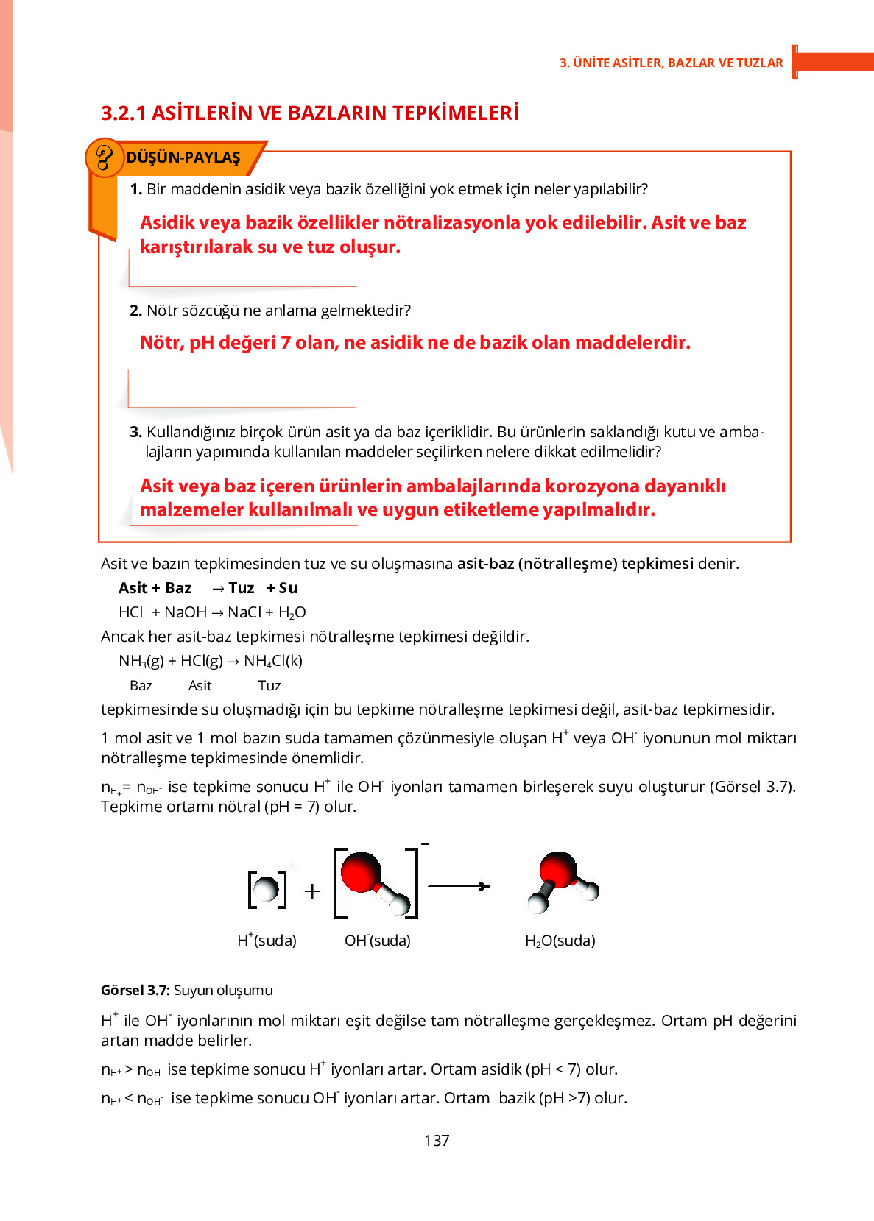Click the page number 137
click(437, 1140)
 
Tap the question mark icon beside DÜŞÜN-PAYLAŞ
click(105, 158)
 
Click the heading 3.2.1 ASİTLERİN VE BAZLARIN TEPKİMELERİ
click(310, 113)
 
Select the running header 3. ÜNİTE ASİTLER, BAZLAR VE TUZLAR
click(671, 63)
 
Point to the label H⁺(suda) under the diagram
click(267, 940)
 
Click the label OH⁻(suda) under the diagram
click(378, 940)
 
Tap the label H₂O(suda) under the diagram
click(560, 940)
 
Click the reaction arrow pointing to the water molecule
click(459, 886)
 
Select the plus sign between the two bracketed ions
click(312, 891)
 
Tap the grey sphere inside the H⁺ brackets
click(266, 888)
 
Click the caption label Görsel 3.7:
click(135, 990)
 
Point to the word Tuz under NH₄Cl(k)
click(269, 685)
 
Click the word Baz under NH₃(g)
click(141, 685)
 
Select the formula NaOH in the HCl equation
click(186, 612)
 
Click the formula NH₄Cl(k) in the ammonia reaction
click(273, 661)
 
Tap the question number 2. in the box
click(135, 311)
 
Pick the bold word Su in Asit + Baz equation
click(288, 588)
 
